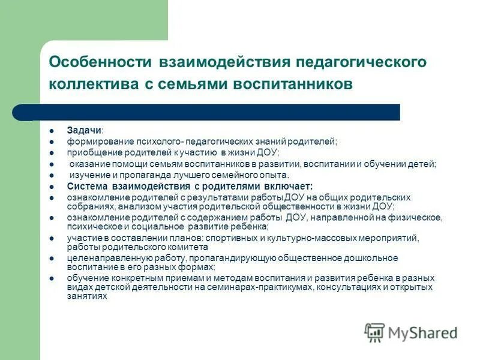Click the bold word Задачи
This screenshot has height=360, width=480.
pyautogui.click(x=83, y=130)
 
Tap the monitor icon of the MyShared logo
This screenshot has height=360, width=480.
pyautogui.click(x=374, y=332)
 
